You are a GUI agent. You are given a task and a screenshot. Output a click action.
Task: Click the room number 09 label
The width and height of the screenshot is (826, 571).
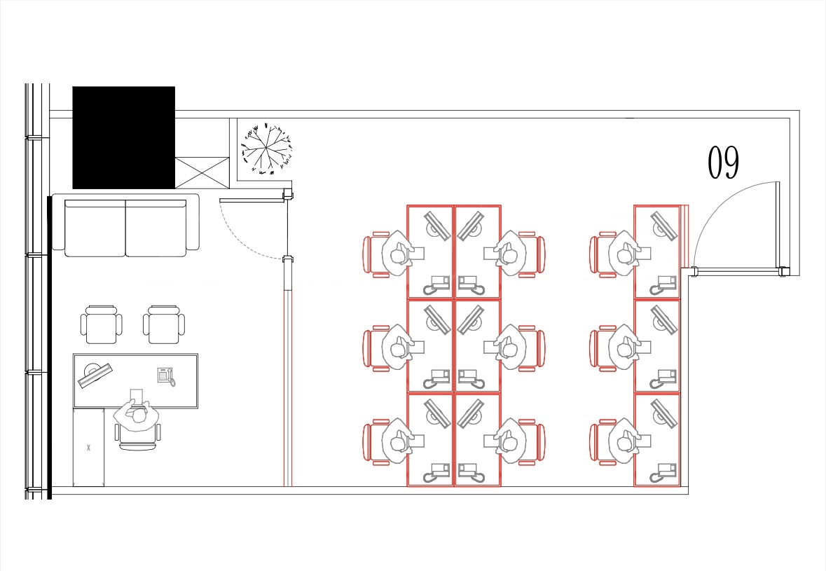pos(723,163)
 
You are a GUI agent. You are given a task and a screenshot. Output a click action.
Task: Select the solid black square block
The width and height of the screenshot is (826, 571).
pos(124,137)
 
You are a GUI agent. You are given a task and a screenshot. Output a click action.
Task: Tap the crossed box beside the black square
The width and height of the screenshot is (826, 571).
pos(202,172)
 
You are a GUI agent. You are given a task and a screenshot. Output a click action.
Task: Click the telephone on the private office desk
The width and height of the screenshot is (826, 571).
pos(166,376)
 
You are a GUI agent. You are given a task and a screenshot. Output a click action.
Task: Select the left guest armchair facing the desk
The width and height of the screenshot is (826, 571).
pos(101,324)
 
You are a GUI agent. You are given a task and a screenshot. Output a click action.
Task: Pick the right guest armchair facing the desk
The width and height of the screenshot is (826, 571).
pos(164,324)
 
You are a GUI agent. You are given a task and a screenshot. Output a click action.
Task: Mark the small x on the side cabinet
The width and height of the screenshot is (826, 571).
pos(88,448)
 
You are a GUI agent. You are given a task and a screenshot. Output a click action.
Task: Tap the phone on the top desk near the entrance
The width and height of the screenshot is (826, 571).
pos(663,285)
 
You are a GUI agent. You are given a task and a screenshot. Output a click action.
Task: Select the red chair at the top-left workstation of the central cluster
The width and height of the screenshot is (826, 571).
pos(377,254)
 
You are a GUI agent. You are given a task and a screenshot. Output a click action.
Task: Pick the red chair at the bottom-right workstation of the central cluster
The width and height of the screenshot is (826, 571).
pos(531,443)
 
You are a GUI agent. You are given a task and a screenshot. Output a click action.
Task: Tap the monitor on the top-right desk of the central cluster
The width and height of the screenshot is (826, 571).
pos(470,226)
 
